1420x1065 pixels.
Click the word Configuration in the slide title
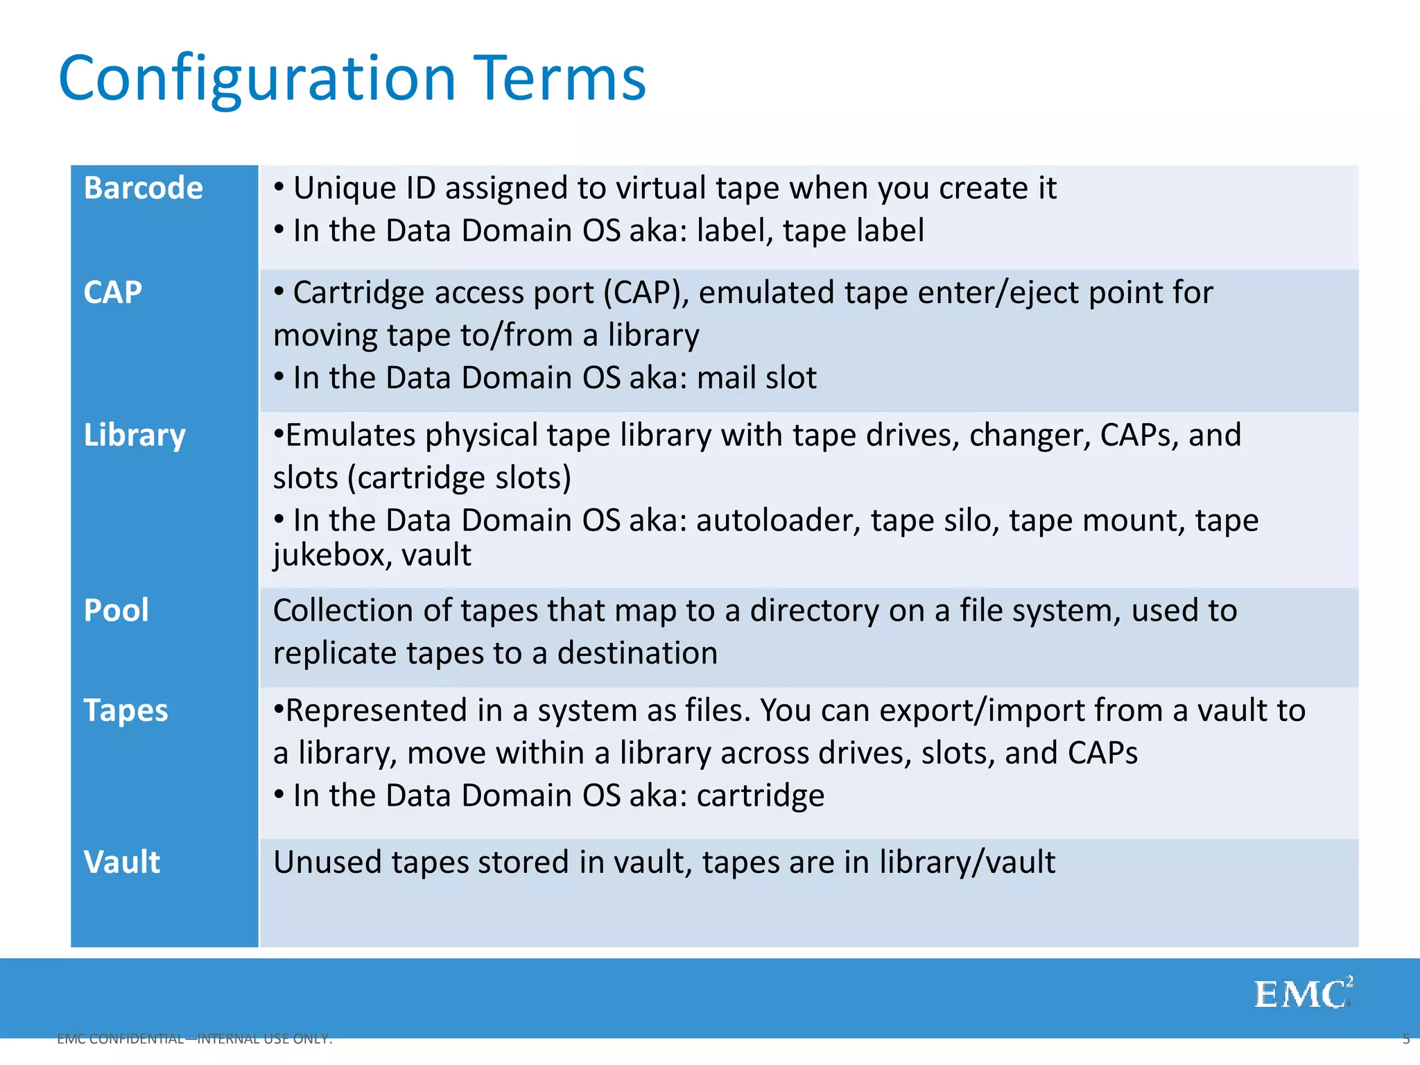(257, 79)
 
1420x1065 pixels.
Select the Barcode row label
(144, 188)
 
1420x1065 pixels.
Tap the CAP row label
(113, 293)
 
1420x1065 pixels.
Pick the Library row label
(135, 436)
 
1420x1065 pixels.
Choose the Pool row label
(116, 611)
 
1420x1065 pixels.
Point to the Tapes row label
(126, 711)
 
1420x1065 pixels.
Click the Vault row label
(122, 863)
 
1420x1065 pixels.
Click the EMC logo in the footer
(1303, 994)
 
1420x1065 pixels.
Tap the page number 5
(1405, 1039)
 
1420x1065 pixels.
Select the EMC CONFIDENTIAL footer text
(195, 1039)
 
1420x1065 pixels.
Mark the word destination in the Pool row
(637, 654)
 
